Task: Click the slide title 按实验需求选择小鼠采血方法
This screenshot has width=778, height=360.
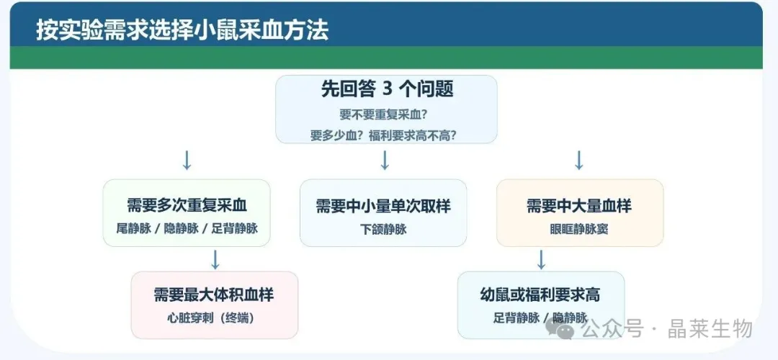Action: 182,31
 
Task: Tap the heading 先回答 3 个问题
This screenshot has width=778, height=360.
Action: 387,89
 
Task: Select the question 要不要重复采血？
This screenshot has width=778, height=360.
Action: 384,114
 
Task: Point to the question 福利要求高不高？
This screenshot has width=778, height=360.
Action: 413,135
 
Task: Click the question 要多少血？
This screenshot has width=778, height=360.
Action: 337,135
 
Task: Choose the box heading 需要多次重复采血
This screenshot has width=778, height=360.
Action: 187,205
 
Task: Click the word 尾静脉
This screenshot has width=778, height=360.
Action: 134,228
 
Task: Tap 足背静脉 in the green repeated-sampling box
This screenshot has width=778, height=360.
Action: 235,228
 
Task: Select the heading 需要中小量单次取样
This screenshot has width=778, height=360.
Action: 383,206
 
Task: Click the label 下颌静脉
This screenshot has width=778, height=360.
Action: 383,229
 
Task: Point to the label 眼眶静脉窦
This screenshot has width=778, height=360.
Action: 579,229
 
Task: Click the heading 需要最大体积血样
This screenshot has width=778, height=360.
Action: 214,294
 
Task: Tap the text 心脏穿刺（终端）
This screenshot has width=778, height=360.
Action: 214,318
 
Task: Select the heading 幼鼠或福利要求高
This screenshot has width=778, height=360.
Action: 540,294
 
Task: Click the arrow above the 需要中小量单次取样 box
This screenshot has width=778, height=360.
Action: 385,160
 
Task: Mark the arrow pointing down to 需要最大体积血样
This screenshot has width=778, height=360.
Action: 215,260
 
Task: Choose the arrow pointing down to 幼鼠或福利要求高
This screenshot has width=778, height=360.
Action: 541,260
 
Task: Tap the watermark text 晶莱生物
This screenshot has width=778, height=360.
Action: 710,328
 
